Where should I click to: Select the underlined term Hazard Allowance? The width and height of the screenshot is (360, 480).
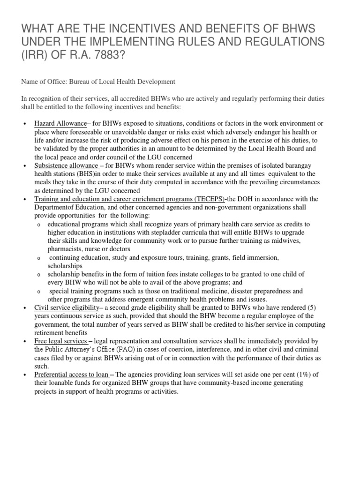pyautogui.click(x=60, y=123)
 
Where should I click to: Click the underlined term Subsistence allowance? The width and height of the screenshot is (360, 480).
pyautogui.click(x=66, y=166)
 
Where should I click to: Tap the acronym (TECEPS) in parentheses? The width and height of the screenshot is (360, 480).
pyautogui.click(x=209, y=199)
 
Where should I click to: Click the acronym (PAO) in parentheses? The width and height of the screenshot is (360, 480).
pyautogui.click(x=123, y=349)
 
